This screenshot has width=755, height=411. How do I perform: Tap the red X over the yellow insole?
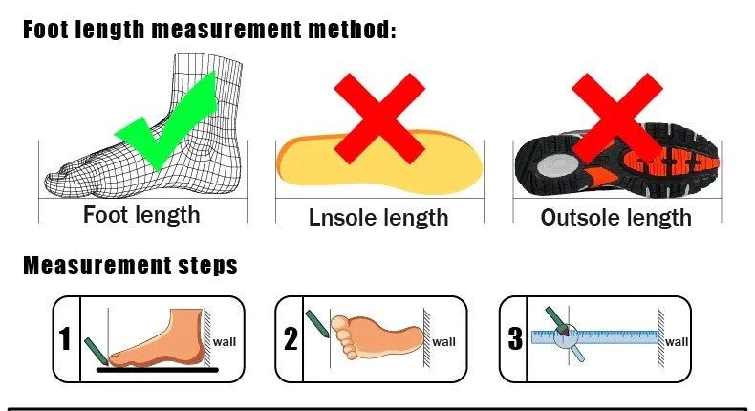379,119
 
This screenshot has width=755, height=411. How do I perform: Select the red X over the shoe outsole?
617,119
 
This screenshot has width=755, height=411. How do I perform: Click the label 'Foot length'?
141,215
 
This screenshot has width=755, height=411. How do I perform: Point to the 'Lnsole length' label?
378,218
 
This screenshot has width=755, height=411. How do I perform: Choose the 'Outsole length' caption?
616,218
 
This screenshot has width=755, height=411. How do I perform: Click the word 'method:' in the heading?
352,30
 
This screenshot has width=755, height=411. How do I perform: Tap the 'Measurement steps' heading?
131,266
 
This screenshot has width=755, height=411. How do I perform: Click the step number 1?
65,338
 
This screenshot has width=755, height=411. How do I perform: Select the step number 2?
291,338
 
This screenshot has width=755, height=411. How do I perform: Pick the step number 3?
515,338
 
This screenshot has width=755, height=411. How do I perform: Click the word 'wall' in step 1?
225,342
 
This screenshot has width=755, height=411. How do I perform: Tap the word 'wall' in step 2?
444,342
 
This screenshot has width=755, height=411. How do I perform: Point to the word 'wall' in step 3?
677,342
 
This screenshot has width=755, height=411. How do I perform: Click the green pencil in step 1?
97,352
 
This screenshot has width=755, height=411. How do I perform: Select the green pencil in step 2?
317,324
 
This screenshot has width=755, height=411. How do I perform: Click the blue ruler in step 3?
594,337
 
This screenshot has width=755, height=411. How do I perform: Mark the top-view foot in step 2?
377,337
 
